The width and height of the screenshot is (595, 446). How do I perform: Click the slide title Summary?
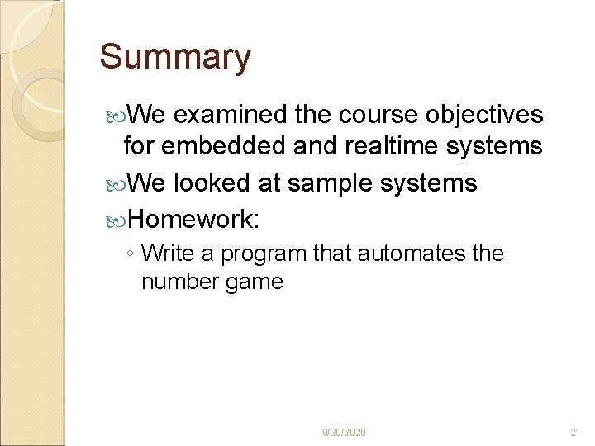tap(175, 58)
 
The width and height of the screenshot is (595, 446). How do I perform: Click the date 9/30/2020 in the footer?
tap(345, 433)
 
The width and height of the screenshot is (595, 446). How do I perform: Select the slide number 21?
tap(576, 433)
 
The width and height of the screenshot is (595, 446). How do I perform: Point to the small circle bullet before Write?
tap(133, 254)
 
